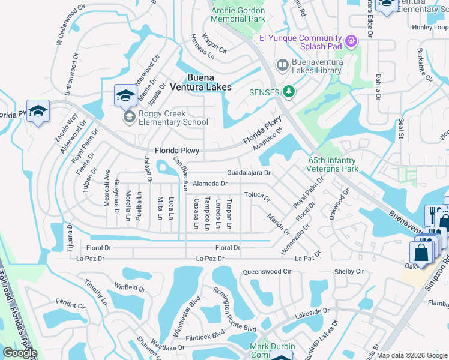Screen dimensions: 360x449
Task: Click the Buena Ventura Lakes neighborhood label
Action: (x=209, y=82)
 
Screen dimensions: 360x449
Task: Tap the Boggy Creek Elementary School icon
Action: (x=128, y=117)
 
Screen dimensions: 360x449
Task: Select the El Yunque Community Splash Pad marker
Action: (x=351, y=41)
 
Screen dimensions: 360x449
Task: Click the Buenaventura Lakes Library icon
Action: (x=282, y=64)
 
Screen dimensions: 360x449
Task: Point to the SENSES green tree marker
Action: (x=290, y=91)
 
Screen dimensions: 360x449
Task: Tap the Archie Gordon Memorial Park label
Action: (x=238, y=14)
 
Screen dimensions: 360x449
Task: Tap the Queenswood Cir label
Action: (x=267, y=272)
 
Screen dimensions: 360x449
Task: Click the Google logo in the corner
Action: (x=20, y=353)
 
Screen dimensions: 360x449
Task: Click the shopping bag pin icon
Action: (x=422, y=253)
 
